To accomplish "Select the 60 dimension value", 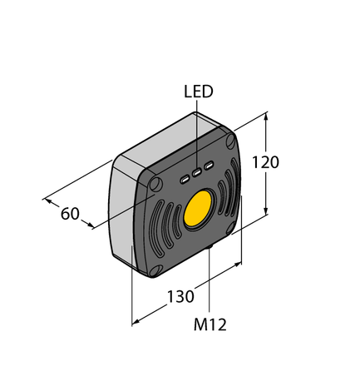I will pyautogui.click(x=70, y=214).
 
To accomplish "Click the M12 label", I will pyautogui.click(x=210, y=324).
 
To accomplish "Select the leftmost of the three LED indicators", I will pyautogui.click(x=185, y=177).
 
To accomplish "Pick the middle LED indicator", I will pyautogui.click(x=197, y=173).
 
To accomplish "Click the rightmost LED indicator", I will pyautogui.click(x=210, y=169).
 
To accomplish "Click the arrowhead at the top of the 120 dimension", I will pyautogui.click(x=267, y=116).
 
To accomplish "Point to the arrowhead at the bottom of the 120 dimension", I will pyautogui.click(x=267, y=213).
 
